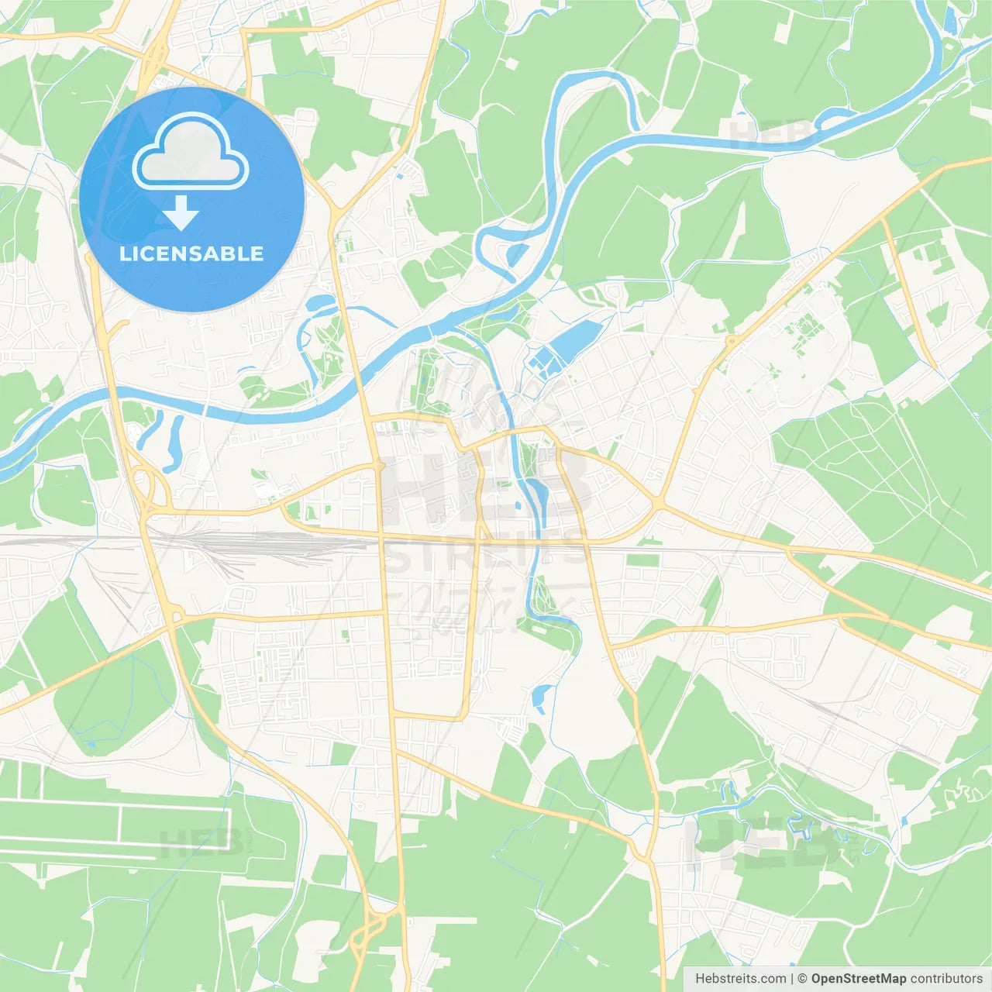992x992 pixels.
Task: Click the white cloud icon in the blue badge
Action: tap(191, 153)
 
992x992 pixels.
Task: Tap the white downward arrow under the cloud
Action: tap(181, 213)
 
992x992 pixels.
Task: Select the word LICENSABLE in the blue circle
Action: tap(191, 253)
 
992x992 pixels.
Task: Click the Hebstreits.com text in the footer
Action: tap(740, 979)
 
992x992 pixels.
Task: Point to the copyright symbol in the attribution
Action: tap(803, 979)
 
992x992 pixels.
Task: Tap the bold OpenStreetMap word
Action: tap(859, 979)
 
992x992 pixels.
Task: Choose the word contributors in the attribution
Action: tap(946, 979)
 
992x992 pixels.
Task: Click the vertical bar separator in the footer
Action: tap(792, 979)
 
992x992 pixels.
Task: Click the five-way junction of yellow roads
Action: tap(659, 505)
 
